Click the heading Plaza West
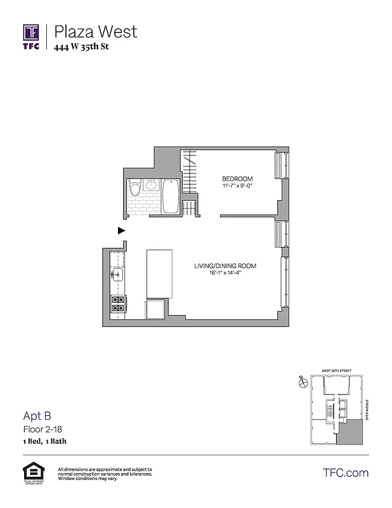point(95,31)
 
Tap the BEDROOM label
point(237,178)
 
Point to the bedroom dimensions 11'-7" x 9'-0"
point(237,187)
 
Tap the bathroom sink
point(152,186)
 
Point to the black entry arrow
point(121,231)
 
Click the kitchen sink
point(118,274)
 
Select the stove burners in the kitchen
point(118,304)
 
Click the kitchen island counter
point(159,274)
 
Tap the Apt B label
point(37,417)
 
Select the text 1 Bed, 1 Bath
point(46,441)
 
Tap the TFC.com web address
point(345,473)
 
